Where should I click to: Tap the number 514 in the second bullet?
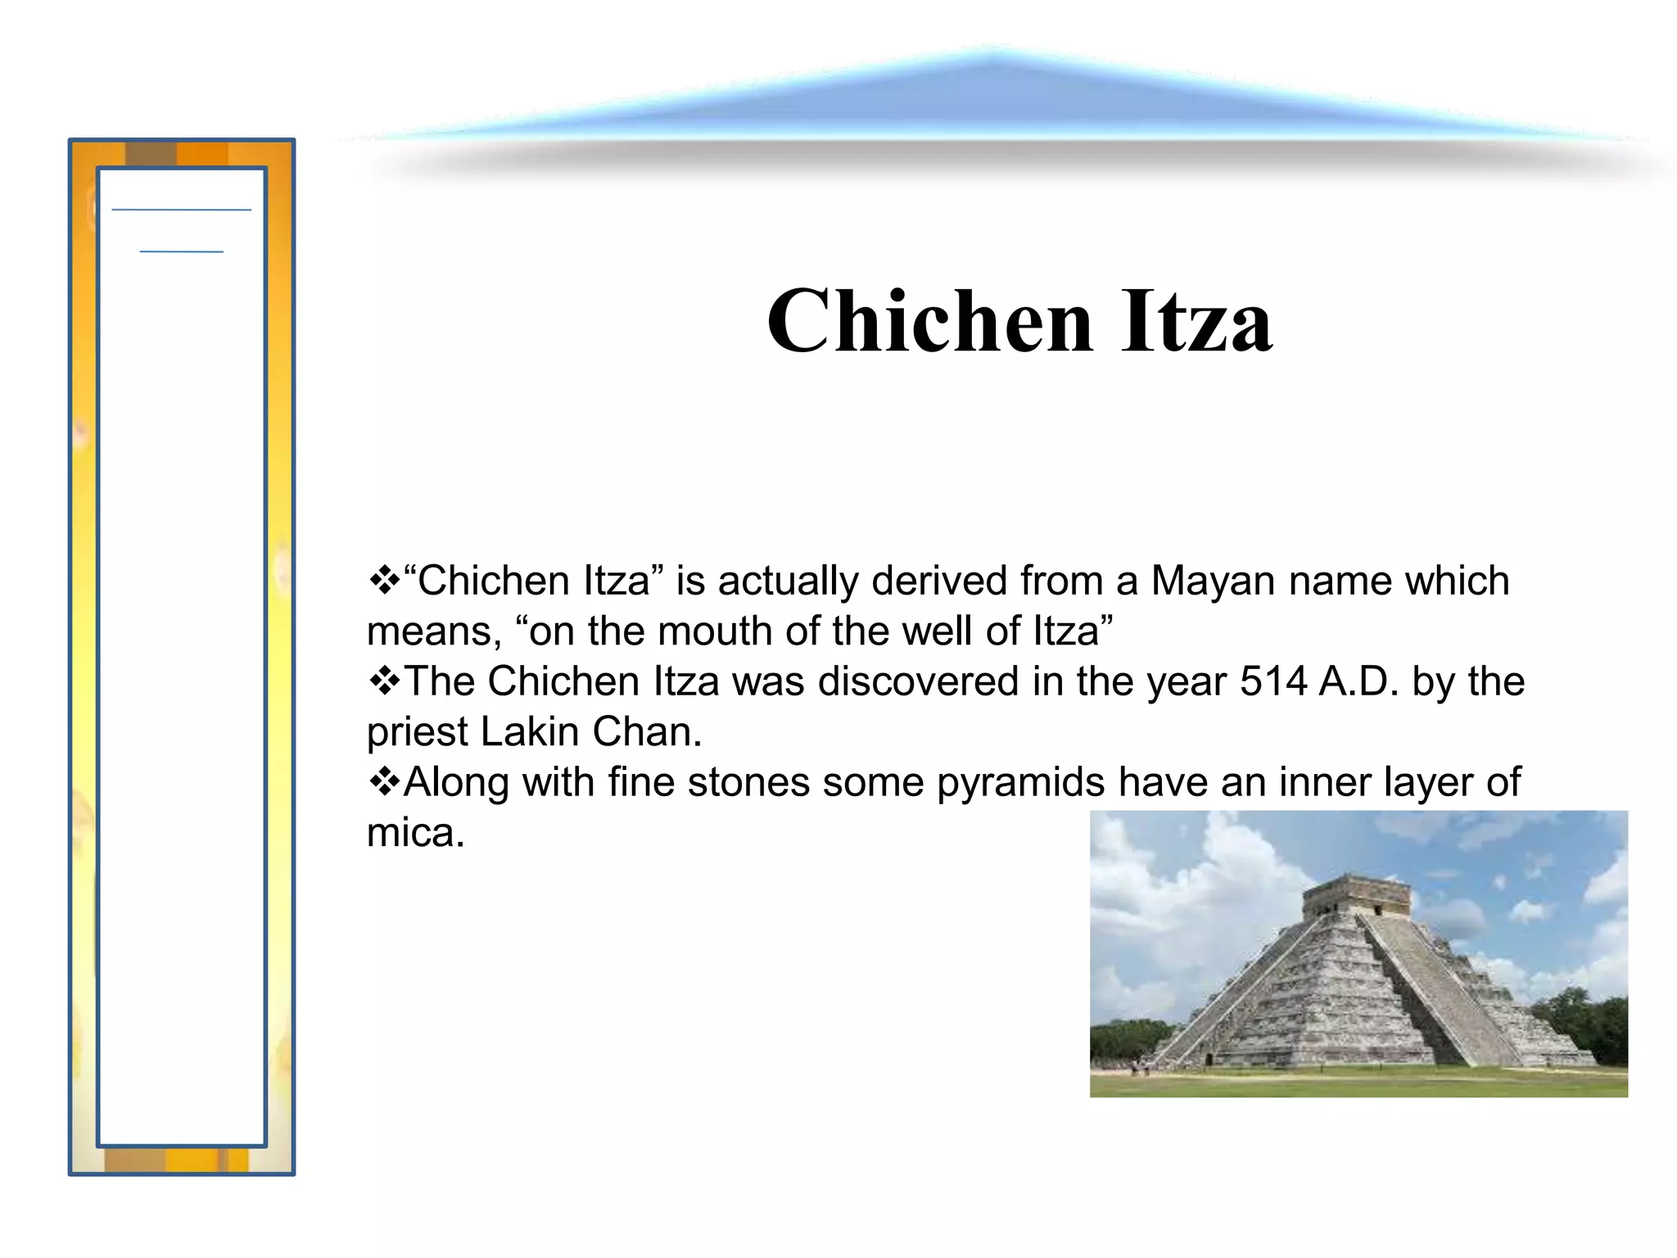[x=1273, y=681]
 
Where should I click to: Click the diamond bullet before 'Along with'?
[x=383, y=782]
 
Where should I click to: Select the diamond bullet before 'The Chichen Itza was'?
[x=383, y=681]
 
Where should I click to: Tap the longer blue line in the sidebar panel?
[x=181, y=210]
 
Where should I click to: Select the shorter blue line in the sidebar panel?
[x=181, y=251]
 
